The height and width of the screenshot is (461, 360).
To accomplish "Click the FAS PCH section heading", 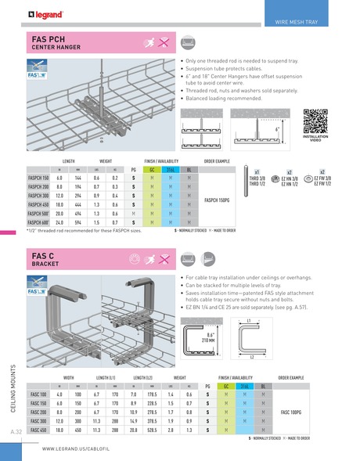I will click(x=55, y=38).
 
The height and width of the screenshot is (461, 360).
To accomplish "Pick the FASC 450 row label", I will click(x=38, y=430).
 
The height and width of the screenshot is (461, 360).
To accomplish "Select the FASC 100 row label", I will click(x=38, y=395).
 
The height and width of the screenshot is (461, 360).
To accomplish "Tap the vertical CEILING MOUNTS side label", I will click(x=13, y=389).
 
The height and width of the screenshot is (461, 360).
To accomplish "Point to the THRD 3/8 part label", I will click(x=257, y=178).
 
